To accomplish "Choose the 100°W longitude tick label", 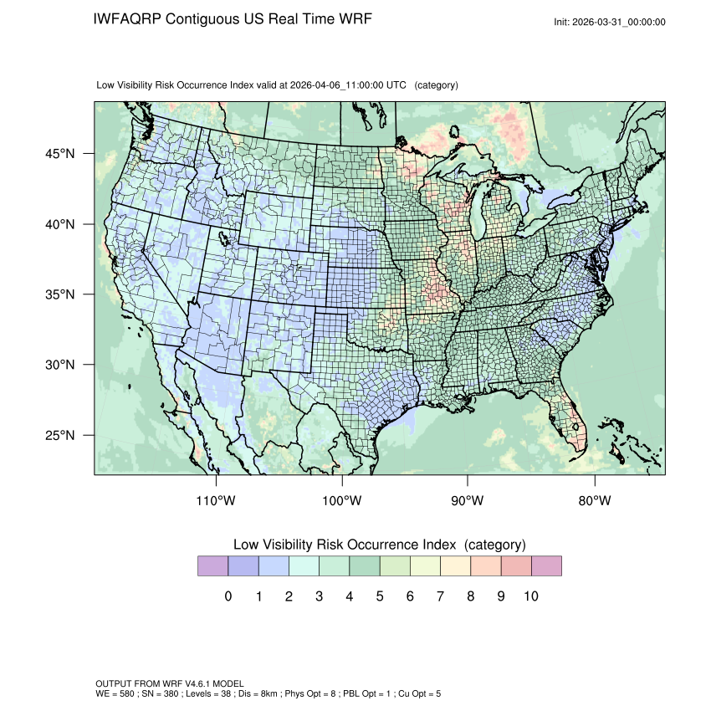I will point(342,501).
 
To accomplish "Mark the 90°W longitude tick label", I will point(468,501).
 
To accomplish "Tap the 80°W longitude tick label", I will point(595,501).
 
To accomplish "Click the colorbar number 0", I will point(228,596).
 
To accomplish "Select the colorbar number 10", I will point(530,596).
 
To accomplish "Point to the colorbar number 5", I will point(380,596).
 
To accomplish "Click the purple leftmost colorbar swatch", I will point(212,566).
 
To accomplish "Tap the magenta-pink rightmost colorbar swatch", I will point(546,566).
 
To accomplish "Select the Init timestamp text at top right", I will point(610,22).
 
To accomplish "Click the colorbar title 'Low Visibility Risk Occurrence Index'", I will point(346,545).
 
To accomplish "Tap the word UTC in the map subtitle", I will point(397,85).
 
